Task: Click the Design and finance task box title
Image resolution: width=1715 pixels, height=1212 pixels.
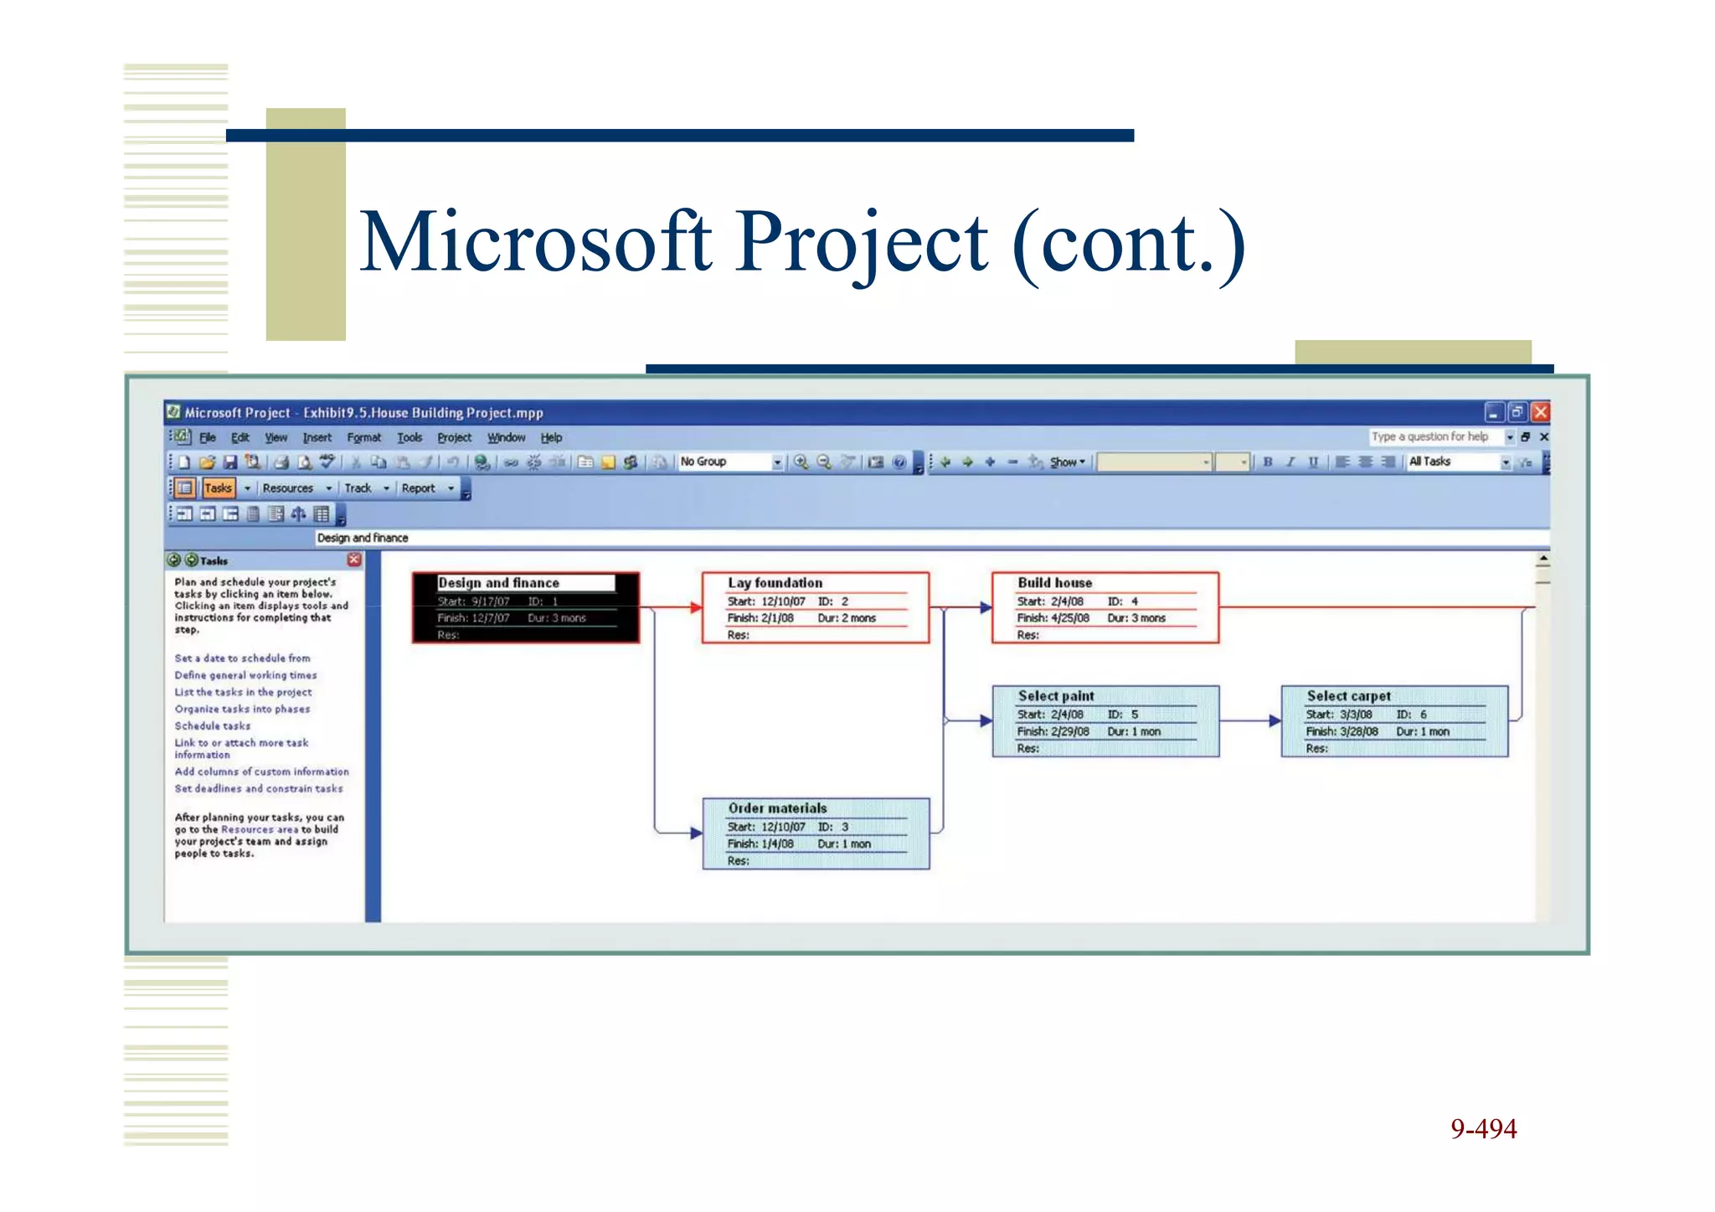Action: [498, 583]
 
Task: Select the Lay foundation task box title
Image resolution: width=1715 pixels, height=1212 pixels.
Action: [775, 583]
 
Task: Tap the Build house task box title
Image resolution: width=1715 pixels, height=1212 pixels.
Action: [1054, 583]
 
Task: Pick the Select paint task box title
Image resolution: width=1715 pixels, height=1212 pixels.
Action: [1055, 696]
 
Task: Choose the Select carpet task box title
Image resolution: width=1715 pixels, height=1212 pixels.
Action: [1348, 696]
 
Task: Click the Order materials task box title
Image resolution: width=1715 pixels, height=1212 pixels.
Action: [777, 808]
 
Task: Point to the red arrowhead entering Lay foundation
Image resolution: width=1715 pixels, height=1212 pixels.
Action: [696, 607]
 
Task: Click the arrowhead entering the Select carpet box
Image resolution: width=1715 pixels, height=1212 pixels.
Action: [1275, 720]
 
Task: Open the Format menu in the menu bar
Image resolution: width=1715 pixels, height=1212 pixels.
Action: [363, 438]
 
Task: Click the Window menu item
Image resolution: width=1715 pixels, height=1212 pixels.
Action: [506, 438]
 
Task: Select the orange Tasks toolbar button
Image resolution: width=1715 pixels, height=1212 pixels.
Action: [218, 488]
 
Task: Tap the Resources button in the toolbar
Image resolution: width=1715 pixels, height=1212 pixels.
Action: [287, 488]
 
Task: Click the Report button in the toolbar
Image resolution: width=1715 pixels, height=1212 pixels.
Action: [418, 488]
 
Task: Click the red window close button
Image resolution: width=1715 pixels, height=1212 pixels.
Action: [1540, 412]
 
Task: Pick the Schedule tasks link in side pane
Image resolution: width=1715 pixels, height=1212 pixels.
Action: [213, 726]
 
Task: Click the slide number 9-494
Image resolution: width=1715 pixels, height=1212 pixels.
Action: [1483, 1129]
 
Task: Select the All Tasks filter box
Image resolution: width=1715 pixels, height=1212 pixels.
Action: [1453, 462]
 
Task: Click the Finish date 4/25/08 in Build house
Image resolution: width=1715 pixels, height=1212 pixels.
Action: [1069, 618]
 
